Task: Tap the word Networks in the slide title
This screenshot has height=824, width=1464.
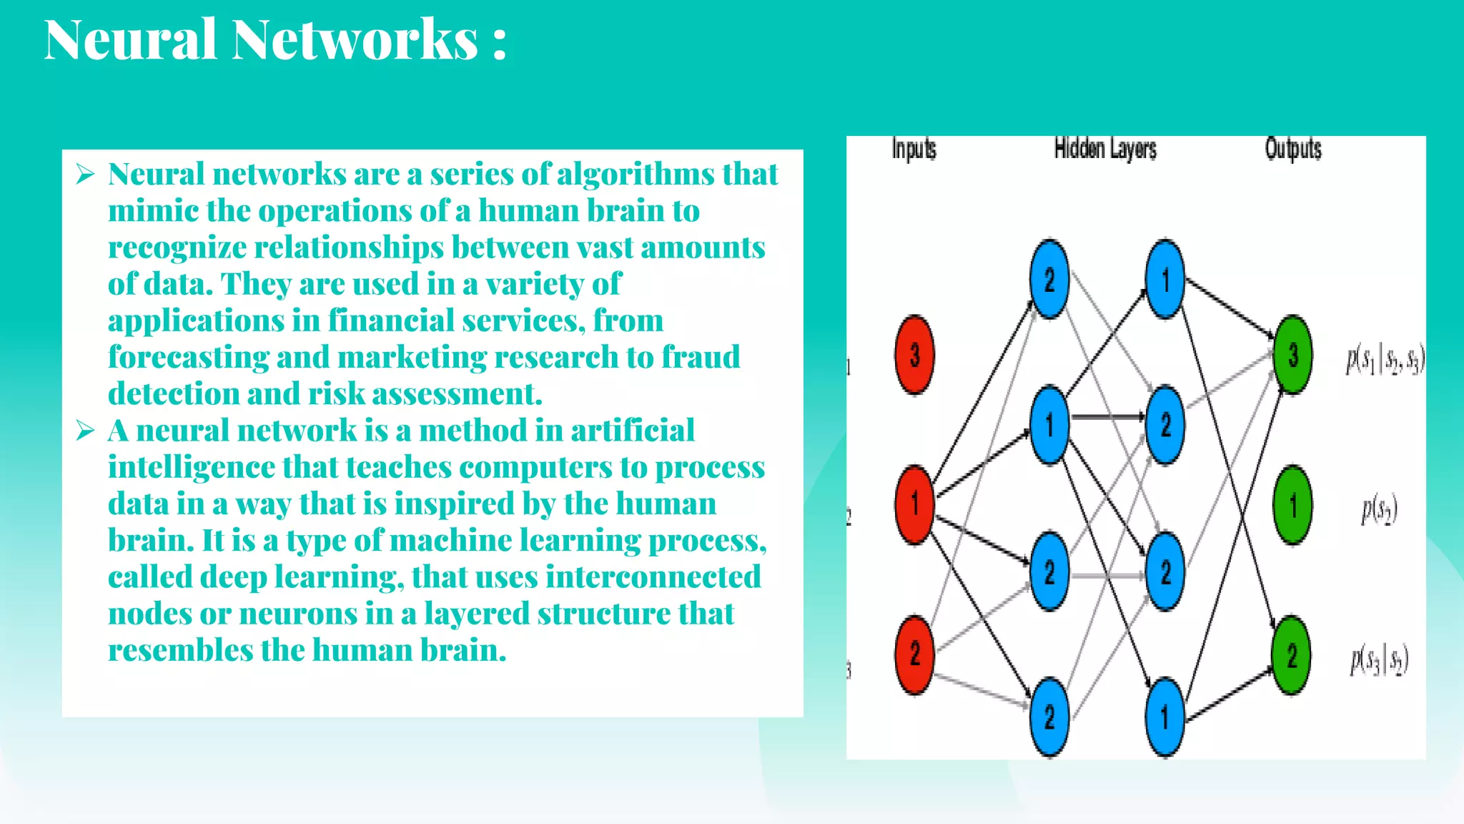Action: [355, 40]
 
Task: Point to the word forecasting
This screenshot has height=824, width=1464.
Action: [188, 358]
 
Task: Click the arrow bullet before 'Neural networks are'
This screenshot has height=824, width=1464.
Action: [85, 174]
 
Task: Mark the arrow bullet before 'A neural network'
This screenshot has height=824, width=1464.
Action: [85, 431]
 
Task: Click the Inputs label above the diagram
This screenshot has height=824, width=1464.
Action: [914, 149]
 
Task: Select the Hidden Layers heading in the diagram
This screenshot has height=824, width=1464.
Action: [1105, 149]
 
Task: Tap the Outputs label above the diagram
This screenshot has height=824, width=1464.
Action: [1292, 149]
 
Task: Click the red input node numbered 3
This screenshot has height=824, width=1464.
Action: [914, 355]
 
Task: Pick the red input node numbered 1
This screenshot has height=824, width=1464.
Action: [914, 504]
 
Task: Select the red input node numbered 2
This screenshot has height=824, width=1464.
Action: [914, 654]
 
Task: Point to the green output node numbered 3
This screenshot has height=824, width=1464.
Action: [1292, 355]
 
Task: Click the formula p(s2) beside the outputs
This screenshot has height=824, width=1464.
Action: [1379, 509]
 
